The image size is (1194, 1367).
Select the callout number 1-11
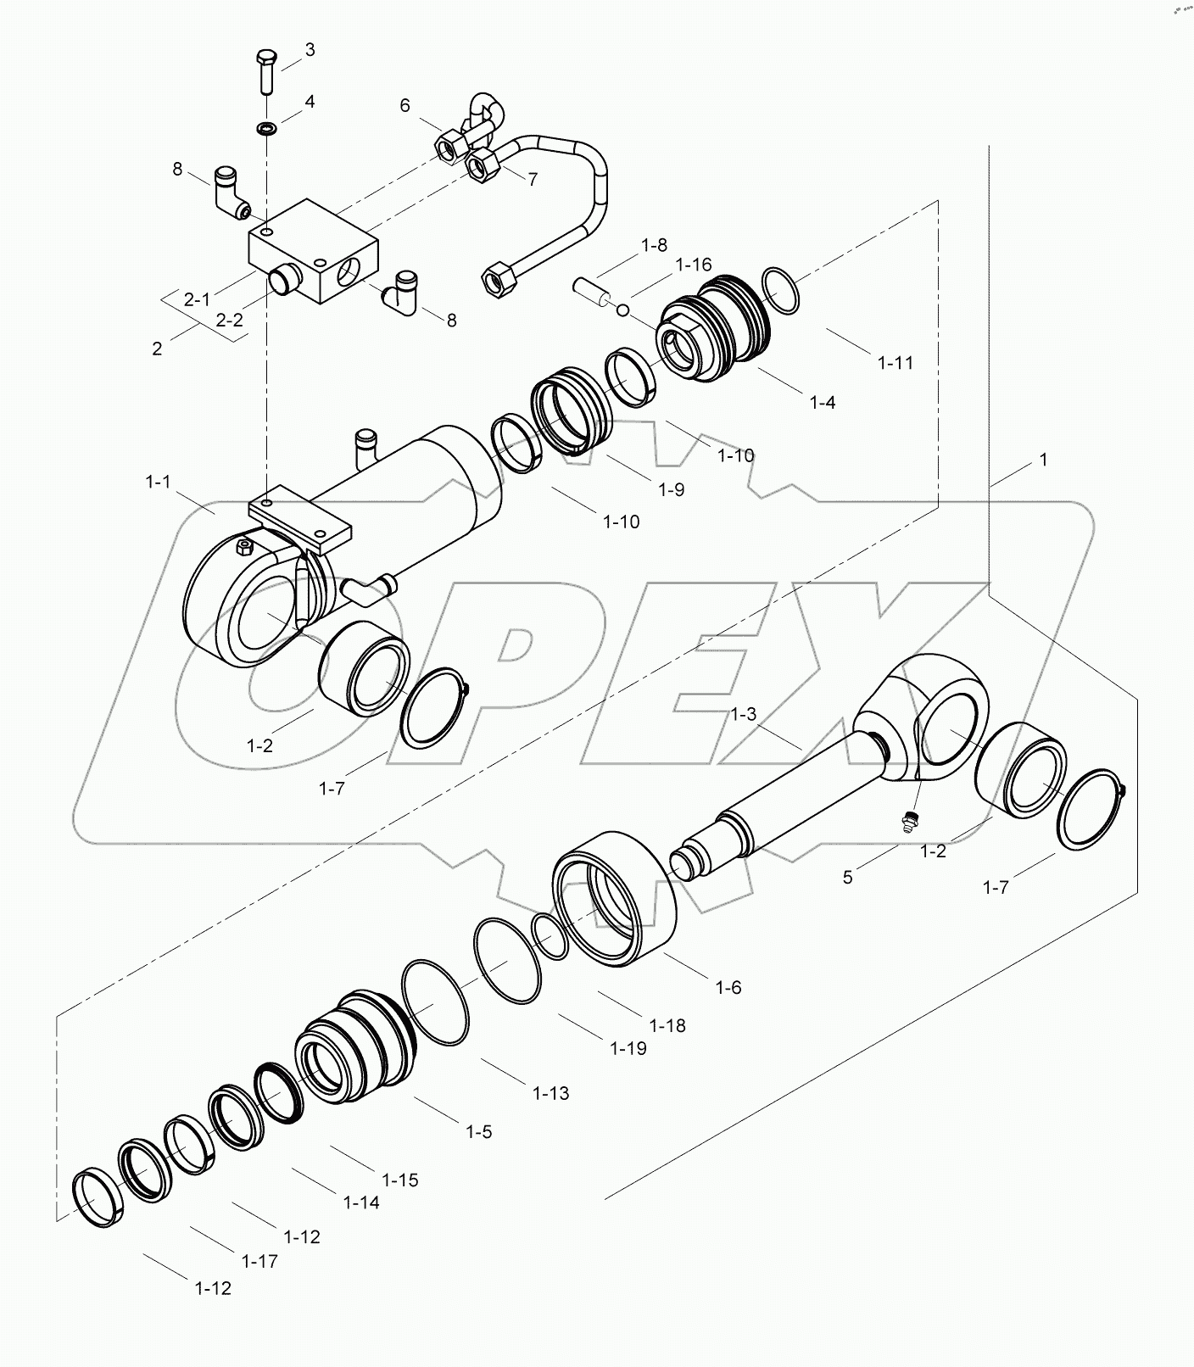(x=895, y=363)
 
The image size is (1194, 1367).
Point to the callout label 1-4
(x=822, y=403)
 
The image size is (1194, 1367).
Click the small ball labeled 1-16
(x=623, y=311)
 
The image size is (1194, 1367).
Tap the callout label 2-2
(x=229, y=321)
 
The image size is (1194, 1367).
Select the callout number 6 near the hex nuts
(x=405, y=105)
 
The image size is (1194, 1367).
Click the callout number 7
(x=533, y=179)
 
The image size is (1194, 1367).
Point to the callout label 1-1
(x=158, y=482)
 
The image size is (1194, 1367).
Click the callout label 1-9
(x=669, y=490)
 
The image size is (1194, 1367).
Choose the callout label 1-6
(x=728, y=987)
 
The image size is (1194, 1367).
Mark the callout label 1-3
(x=744, y=715)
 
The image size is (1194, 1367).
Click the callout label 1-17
(x=259, y=1261)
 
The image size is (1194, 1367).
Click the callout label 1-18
(x=667, y=1025)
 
